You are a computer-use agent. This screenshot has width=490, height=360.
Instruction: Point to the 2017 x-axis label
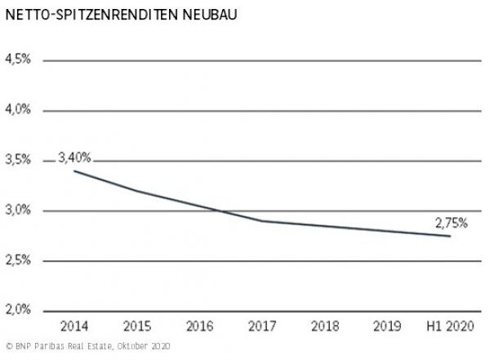tap(261, 327)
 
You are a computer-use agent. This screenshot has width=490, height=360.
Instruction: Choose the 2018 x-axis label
tap(324, 327)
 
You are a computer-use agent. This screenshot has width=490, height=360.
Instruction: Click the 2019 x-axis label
tap(387, 327)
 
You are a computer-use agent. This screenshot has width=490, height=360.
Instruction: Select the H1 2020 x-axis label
tap(449, 327)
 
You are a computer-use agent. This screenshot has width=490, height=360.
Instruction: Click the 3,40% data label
tap(73, 158)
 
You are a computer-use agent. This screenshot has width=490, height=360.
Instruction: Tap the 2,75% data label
tap(450, 222)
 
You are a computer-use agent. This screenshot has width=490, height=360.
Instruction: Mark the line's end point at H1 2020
tap(450, 236)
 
